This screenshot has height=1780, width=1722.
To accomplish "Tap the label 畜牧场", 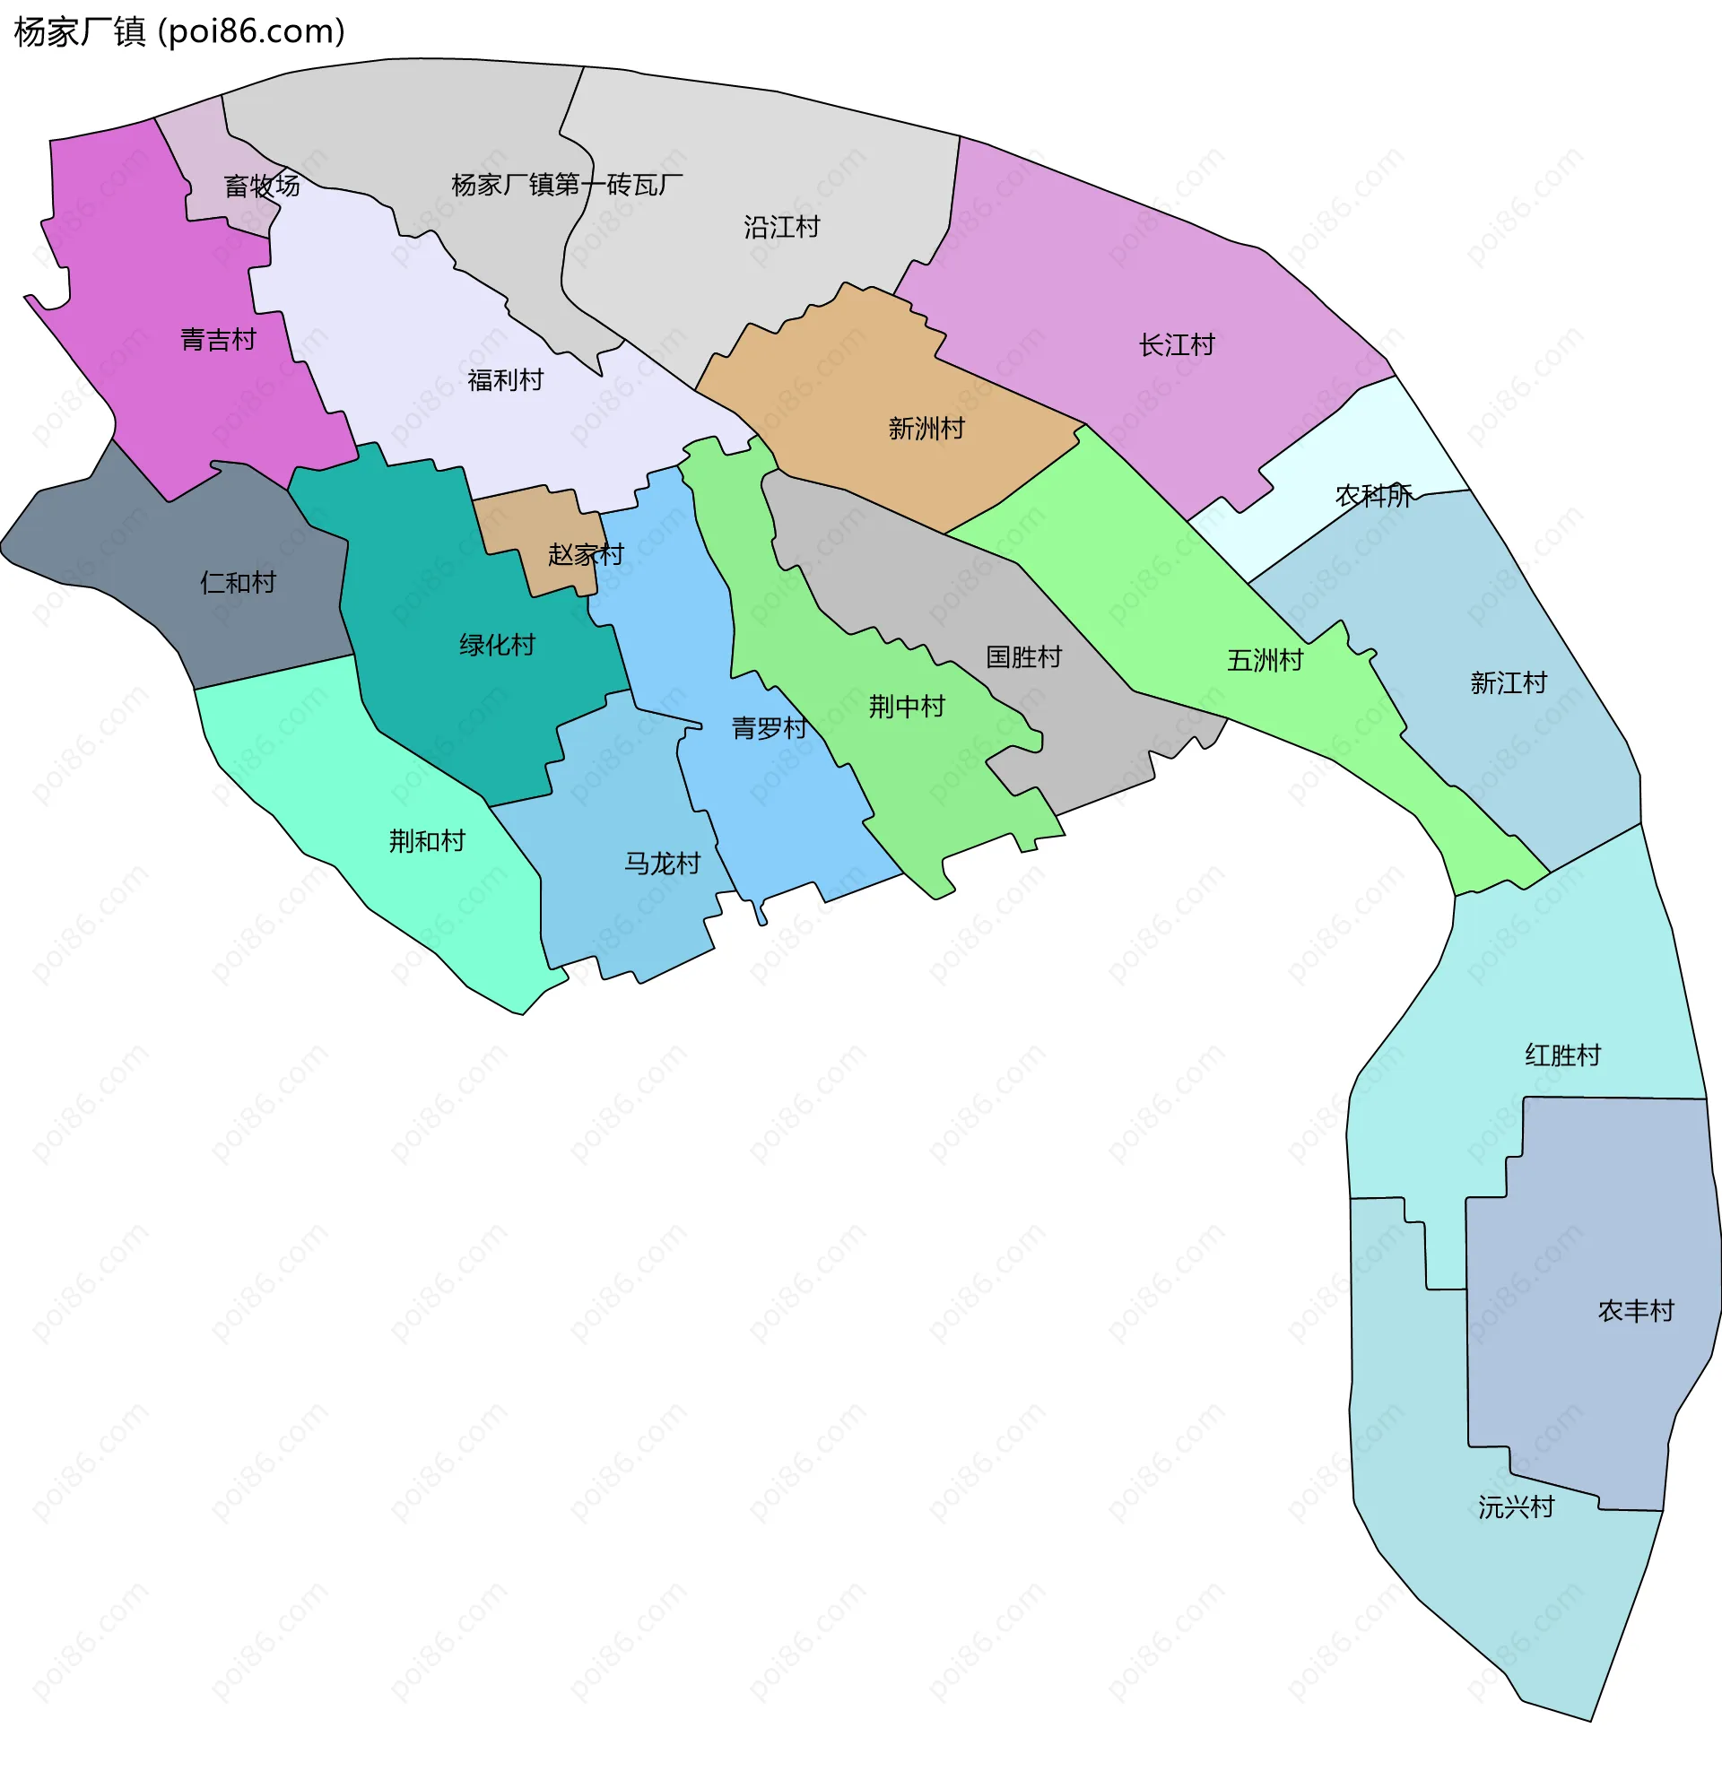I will (262, 186).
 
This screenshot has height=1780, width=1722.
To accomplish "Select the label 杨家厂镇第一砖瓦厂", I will (567, 185).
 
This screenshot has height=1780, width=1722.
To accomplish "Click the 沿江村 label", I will (781, 226).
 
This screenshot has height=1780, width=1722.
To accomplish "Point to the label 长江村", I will (1176, 345).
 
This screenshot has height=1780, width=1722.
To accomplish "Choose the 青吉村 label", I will (218, 340).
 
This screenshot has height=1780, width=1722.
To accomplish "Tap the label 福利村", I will (505, 379).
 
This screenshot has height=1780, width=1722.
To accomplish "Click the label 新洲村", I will (926, 428).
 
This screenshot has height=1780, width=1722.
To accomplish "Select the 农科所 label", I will (1372, 495).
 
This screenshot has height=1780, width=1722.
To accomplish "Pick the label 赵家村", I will (586, 554).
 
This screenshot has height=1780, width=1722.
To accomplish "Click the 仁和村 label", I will (238, 582).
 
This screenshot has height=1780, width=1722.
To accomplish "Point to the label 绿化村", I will (497, 645).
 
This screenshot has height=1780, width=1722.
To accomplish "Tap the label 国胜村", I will (1023, 656).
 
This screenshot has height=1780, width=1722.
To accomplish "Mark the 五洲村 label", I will (1265, 660).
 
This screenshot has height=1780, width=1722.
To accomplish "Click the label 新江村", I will (1508, 682).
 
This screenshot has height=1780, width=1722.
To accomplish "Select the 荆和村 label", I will (427, 841).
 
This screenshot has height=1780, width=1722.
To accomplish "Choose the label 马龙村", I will (662, 863).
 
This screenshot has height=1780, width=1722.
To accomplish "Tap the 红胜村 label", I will (1562, 1055).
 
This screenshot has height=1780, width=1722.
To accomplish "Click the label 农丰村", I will (1635, 1310).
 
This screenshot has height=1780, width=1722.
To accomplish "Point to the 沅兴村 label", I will (1515, 1507).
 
